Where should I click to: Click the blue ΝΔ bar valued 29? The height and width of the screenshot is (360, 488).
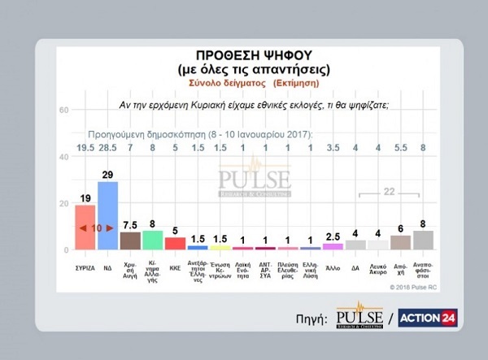[x=107, y=215]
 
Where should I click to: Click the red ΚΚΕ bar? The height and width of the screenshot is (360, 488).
[x=175, y=242]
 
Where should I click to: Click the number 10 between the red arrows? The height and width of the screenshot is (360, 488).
[x=96, y=229]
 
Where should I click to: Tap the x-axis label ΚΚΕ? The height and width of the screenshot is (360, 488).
[x=175, y=265]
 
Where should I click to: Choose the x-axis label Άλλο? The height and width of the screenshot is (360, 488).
[x=333, y=265]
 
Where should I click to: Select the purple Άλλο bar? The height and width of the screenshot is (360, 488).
[x=333, y=245]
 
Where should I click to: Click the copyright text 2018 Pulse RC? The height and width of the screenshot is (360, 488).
[x=403, y=286]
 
